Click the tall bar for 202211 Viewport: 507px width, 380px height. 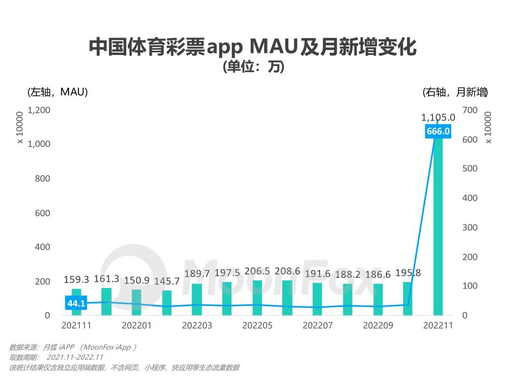(438, 225)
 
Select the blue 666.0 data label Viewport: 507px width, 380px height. (438, 131)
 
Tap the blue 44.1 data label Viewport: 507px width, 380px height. (76, 304)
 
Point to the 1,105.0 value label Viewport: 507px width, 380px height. (438, 117)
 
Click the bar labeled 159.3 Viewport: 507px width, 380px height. (77, 302)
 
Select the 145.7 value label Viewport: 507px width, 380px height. (167, 281)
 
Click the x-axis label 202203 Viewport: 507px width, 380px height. (197, 326)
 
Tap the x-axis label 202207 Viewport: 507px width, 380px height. (317, 326)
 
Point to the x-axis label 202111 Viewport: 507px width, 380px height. (77, 326)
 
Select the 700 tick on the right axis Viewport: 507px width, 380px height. (470, 110)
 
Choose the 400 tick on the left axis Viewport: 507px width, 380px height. (41, 247)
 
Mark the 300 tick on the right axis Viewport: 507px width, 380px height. (470, 228)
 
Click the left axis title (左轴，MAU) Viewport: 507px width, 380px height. (58, 92)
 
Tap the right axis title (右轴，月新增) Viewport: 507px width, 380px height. (454, 92)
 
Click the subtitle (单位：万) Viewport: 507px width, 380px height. (253, 68)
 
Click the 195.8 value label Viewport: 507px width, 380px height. (407, 273)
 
